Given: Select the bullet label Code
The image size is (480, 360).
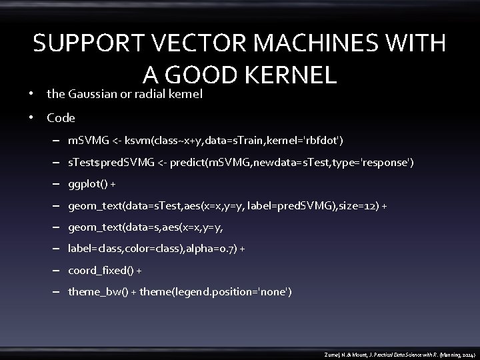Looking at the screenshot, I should [61, 118].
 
